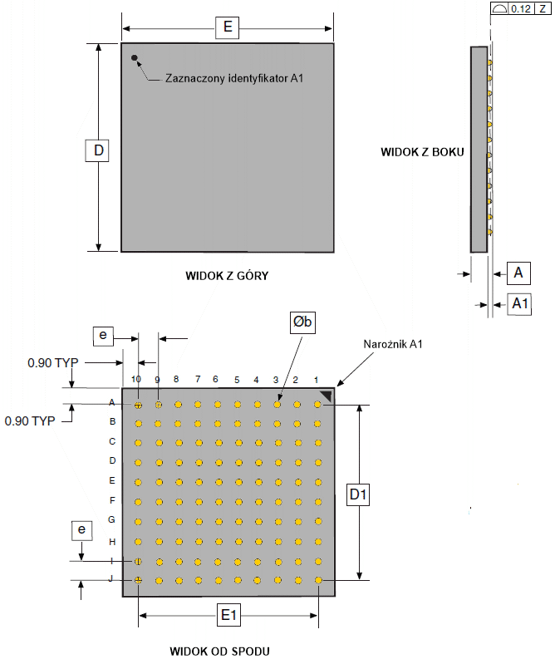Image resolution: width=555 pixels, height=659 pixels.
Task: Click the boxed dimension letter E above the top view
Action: [x=227, y=27]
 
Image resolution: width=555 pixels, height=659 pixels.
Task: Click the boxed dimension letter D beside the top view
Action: [x=98, y=150]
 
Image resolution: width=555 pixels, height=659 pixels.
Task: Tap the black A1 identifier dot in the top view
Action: [x=134, y=58]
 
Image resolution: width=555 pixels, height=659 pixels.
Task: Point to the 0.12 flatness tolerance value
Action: [x=521, y=8]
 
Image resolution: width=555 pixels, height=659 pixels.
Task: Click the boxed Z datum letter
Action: [x=543, y=8]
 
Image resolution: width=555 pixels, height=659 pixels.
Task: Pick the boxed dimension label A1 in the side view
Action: [x=520, y=304]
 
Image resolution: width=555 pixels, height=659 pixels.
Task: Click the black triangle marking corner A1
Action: [x=327, y=396]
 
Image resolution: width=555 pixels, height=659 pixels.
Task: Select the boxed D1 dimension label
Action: [x=359, y=495]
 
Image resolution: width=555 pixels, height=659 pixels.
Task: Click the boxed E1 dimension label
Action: [x=228, y=616]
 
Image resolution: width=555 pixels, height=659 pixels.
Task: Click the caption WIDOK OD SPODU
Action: [x=220, y=650]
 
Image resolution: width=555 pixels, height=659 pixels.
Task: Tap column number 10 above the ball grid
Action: [x=136, y=380]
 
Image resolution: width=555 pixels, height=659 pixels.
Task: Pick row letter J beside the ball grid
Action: [x=112, y=580]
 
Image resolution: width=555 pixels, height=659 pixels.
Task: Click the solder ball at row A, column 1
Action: [x=317, y=405]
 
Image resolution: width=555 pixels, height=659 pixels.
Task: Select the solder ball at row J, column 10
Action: [x=138, y=580]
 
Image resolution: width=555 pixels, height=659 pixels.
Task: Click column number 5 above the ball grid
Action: [x=237, y=380]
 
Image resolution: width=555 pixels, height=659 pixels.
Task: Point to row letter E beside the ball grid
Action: [x=112, y=480]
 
